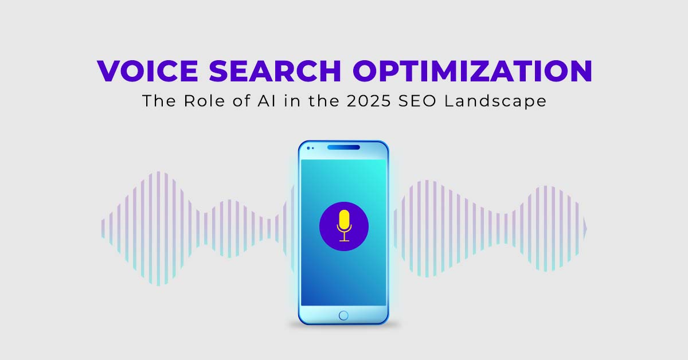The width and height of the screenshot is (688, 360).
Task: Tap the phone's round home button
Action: (343, 315)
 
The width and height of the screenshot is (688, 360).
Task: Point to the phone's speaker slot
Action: (344, 147)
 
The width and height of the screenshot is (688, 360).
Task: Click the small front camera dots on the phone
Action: (310, 148)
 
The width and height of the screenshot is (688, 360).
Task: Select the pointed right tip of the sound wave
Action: (585, 228)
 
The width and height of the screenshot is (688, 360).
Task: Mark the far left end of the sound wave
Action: (103, 228)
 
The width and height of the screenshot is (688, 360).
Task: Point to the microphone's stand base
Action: (344, 240)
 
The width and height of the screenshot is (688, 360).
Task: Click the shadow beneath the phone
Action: (344, 327)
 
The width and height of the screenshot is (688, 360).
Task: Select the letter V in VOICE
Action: (110, 72)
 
